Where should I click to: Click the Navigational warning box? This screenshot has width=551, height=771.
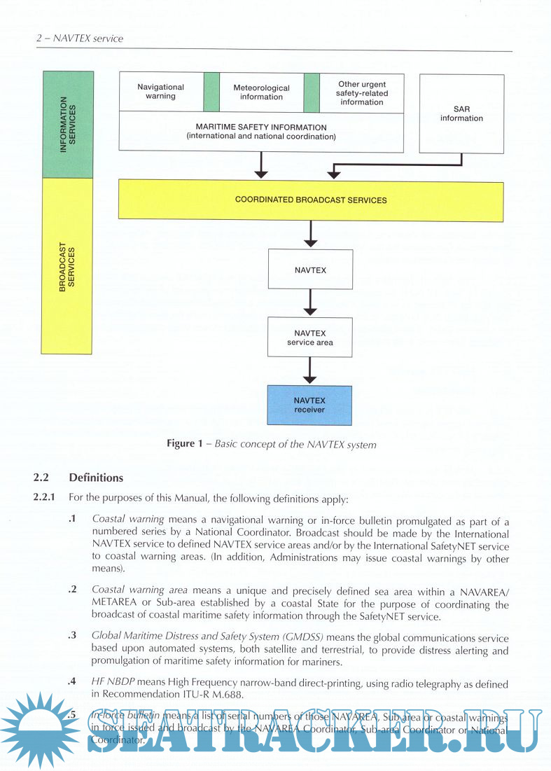tap(160, 92)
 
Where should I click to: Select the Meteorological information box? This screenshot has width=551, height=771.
tap(261, 92)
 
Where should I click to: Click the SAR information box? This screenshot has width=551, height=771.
tap(461, 114)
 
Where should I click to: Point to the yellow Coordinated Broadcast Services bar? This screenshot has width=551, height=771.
tap(311, 200)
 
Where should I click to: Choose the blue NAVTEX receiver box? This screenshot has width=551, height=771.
tap(309, 405)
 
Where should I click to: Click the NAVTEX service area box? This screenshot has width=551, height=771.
tap(310, 338)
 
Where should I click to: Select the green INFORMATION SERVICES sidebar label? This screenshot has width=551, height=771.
tap(68, 125)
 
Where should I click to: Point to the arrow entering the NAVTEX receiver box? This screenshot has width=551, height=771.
tap(310, 371)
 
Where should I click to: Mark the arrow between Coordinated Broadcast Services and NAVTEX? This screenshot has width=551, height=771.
tap(310, 235)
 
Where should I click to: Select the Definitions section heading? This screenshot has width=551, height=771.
tap(96, 478)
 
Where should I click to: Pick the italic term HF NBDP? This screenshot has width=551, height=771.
tap(112, 682)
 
